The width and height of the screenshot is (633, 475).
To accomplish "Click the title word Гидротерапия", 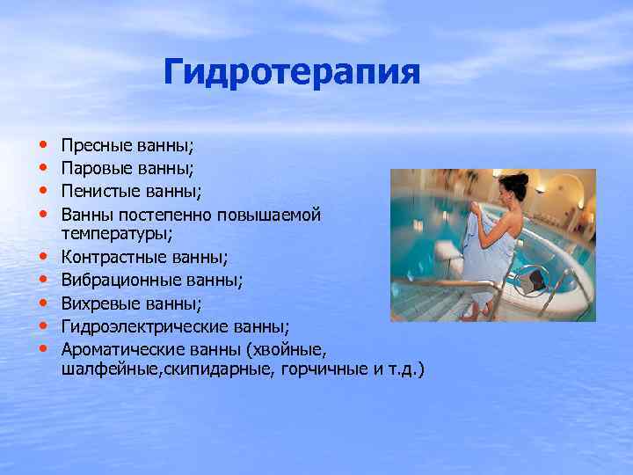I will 292,72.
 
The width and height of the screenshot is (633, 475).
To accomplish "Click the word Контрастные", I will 108,257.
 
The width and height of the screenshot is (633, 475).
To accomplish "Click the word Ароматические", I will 114,348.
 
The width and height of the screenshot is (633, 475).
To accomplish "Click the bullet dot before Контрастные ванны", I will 43,257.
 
